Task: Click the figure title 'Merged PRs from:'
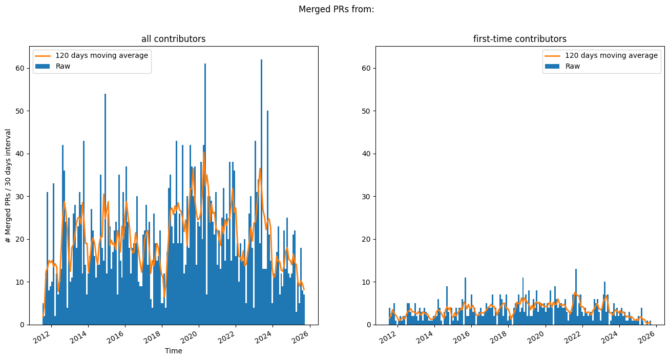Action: pyautogui.click(x=336, y=9)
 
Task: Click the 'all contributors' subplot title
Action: pyautogui.click(x=173, y=39)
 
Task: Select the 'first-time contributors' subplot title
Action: pyautogui.click(x=519, y=39)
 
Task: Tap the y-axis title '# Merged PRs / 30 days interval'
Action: pyautogui.click(x=8, y=185)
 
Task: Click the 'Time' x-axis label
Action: pyautogui.click(x=173, y=351)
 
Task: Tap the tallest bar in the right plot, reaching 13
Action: pyautogui.click(x=576, y=297)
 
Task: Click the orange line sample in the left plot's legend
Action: pyautogui.click(x=43, y=55)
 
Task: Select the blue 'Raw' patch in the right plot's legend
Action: pyautogui.click(x=553, y=66)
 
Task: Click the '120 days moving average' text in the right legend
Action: pyautogui.click(x=611, y=55)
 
